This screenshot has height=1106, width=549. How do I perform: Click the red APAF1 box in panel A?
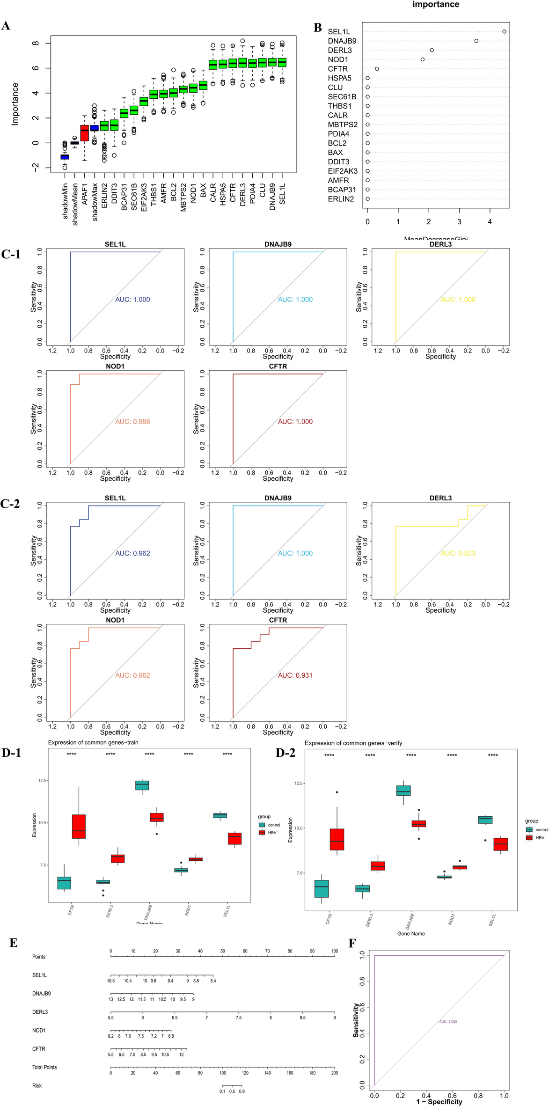tap(85, 133)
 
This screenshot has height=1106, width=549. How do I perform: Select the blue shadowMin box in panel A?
tap(65, 157)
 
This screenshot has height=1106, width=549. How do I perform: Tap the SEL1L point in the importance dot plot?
tap(504, 31)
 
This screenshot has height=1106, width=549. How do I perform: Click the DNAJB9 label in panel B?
tap(342, 41)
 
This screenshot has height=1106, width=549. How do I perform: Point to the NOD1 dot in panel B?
tap(422, 59)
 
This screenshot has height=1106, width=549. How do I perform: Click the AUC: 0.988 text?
tap(132, 421)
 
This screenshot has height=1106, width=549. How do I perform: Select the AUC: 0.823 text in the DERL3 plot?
tap(458, 553)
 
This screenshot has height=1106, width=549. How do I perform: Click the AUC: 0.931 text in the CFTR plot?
tap(295, 675)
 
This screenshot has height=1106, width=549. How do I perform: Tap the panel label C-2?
tap(10, 504)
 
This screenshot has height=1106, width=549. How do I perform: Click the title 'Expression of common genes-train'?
tap(93, 742)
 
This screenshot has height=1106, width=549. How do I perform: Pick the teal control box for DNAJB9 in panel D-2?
tap(403, 790)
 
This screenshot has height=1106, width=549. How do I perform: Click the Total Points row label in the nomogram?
tap(44, 1067)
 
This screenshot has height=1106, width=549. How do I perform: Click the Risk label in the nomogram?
tap(37, 1085)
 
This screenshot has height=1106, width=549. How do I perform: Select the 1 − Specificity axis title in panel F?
tap(439, 1101)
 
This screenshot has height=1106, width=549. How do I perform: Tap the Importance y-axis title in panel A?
tap(15, 104)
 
